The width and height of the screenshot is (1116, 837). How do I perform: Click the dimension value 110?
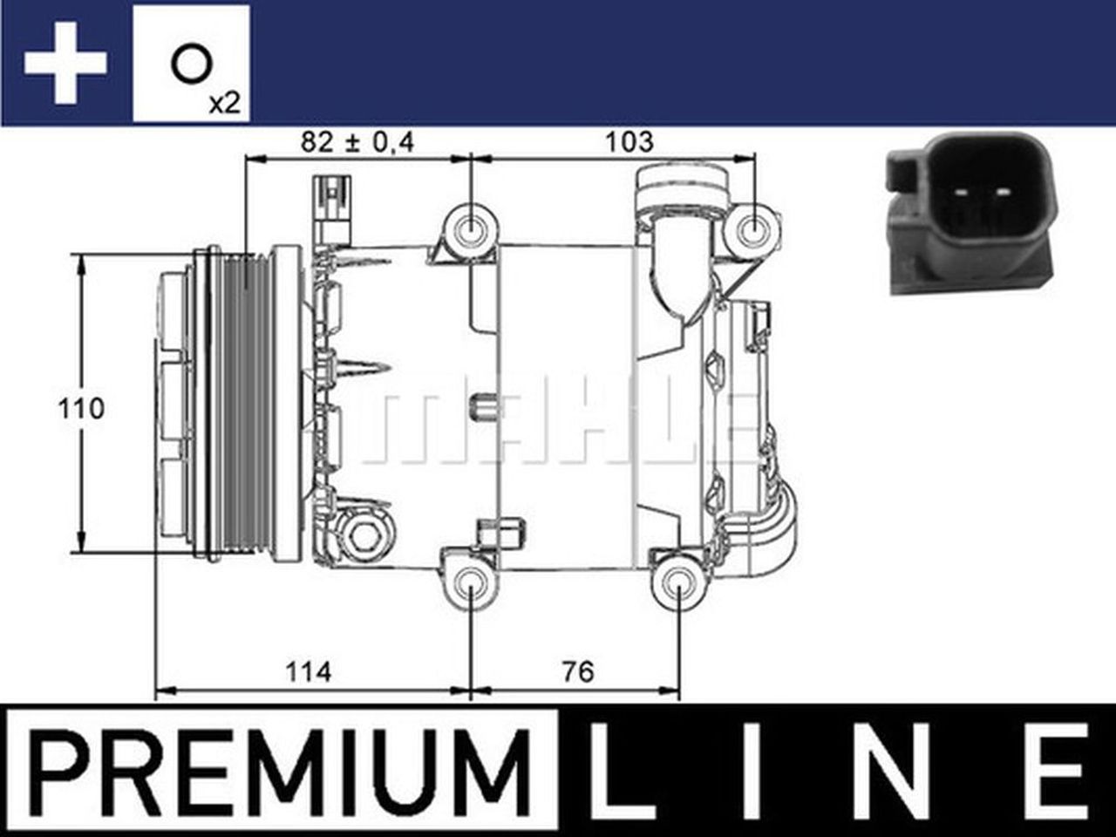pos(81,407)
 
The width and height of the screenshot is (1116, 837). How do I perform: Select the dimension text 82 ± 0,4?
pos(357,141)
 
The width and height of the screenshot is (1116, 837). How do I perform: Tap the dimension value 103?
pos(628,141)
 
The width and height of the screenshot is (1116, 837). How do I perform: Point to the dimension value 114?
pos(309,671)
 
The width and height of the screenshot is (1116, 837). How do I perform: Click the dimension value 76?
pos(577,671)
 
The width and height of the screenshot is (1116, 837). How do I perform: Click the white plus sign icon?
pos(65,64)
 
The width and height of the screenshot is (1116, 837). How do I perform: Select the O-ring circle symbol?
pos(190,65)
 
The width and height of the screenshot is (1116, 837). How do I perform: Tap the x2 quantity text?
pos(223,103)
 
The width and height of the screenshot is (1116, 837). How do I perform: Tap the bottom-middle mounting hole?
pos(471,582)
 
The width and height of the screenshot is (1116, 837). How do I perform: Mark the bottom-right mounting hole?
pos(679,582)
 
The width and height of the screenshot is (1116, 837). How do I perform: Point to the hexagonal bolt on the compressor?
pos(364,534)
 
